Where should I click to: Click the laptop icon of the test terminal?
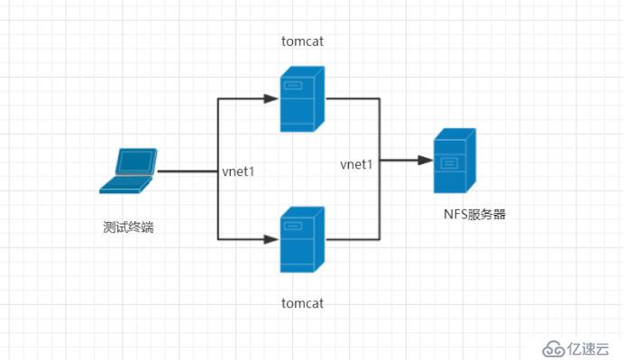pyautogui.click(x=128, y=171)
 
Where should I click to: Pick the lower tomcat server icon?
pyautogui.click(x=301, y=239)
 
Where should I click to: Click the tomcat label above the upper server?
pyautogui.click(x=301, y=41)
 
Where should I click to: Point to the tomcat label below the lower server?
pyautogui.click(x=301, y=301)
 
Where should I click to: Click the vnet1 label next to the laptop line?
pyautogui.click(x=238, y=171)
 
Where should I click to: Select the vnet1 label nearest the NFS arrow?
pyautogui.click(x=356, y=164)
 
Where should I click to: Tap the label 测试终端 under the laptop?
pyautogui.click(x=128, y=226)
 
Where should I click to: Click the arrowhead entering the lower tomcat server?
pyautogui.click(x=271, y=239)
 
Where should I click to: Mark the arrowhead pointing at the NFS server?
pyautogui.click(x=424, y=162)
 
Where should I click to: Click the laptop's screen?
pyautogui.click(x=134, y=162)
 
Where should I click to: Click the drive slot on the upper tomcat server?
pyautogui.click(x=293, y=87)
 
